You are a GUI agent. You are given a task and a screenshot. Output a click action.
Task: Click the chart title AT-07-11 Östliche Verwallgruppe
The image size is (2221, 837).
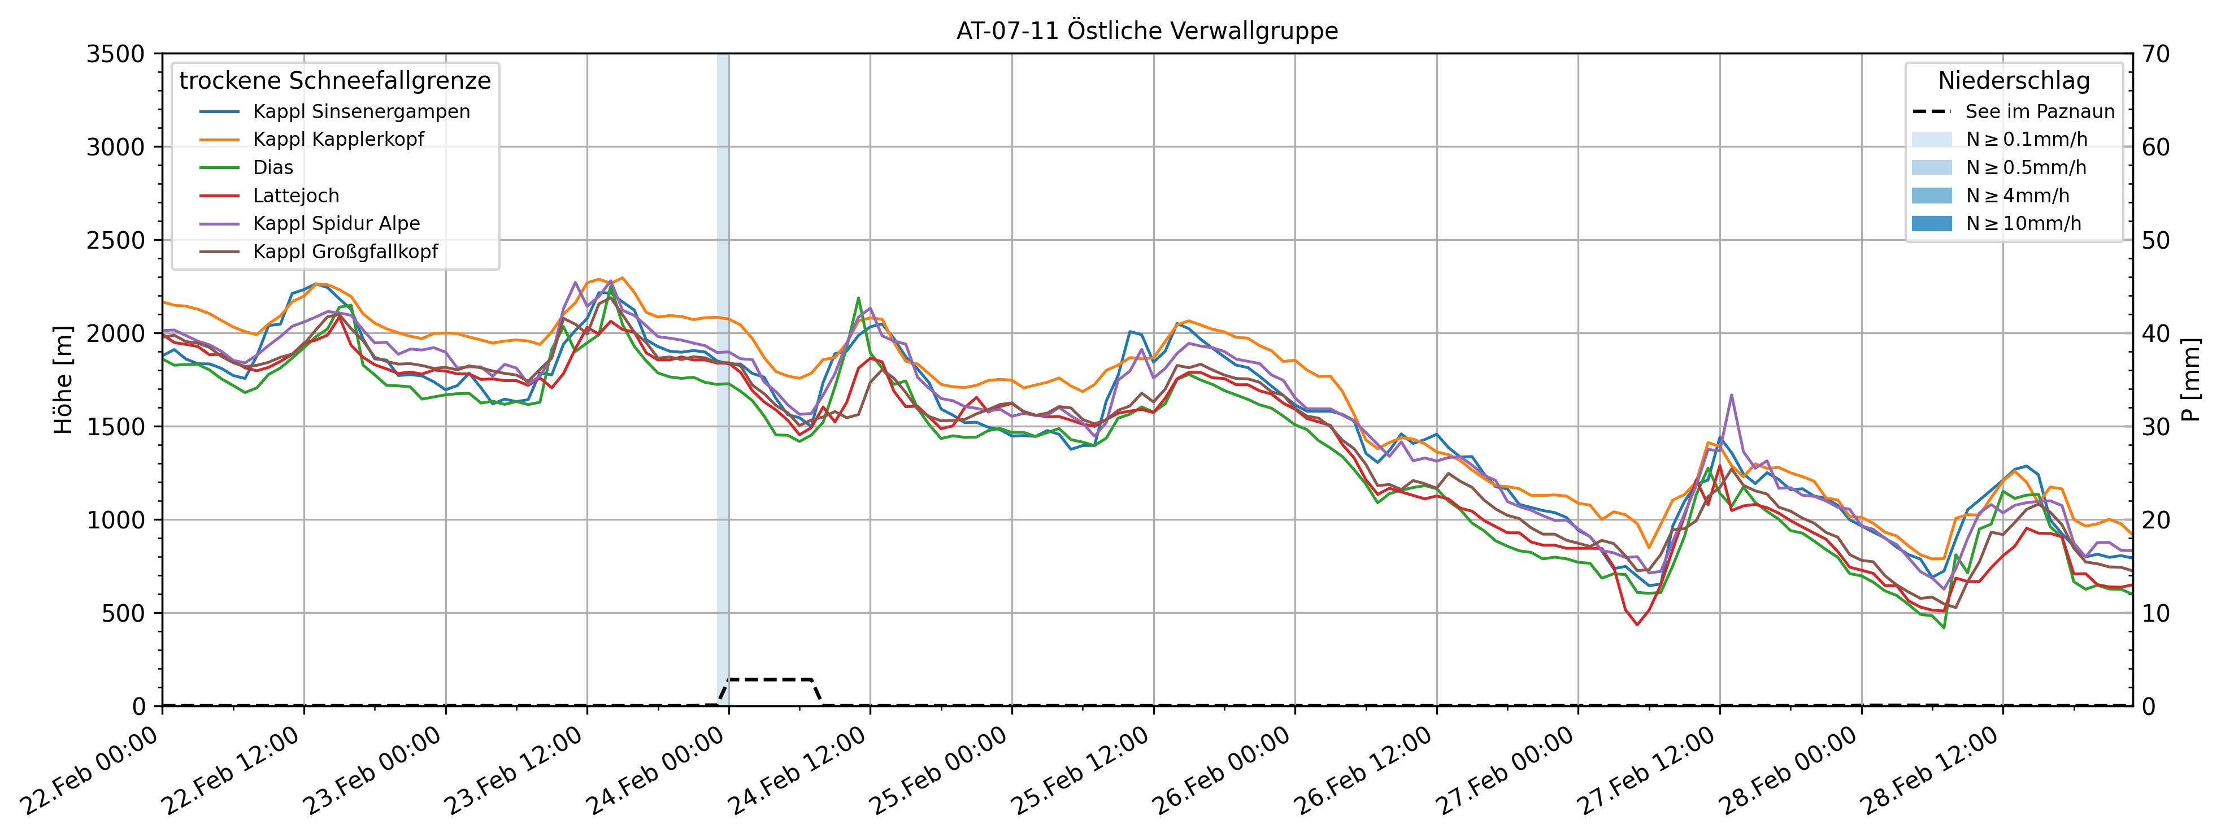click(x=1147, y=31)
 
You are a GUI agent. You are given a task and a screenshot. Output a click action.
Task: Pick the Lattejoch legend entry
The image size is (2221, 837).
click(x=295, y=196)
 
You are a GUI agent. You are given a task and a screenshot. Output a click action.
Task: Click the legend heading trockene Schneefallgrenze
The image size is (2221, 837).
click(x=334, y=81)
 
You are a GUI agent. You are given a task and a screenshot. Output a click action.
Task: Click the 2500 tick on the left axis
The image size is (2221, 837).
click(x=115, y=241)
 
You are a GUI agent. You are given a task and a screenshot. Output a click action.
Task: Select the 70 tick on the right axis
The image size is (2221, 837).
click(x=2157, y=54)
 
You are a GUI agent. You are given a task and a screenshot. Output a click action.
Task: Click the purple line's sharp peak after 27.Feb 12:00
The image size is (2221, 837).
click(x=1731, y=396)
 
